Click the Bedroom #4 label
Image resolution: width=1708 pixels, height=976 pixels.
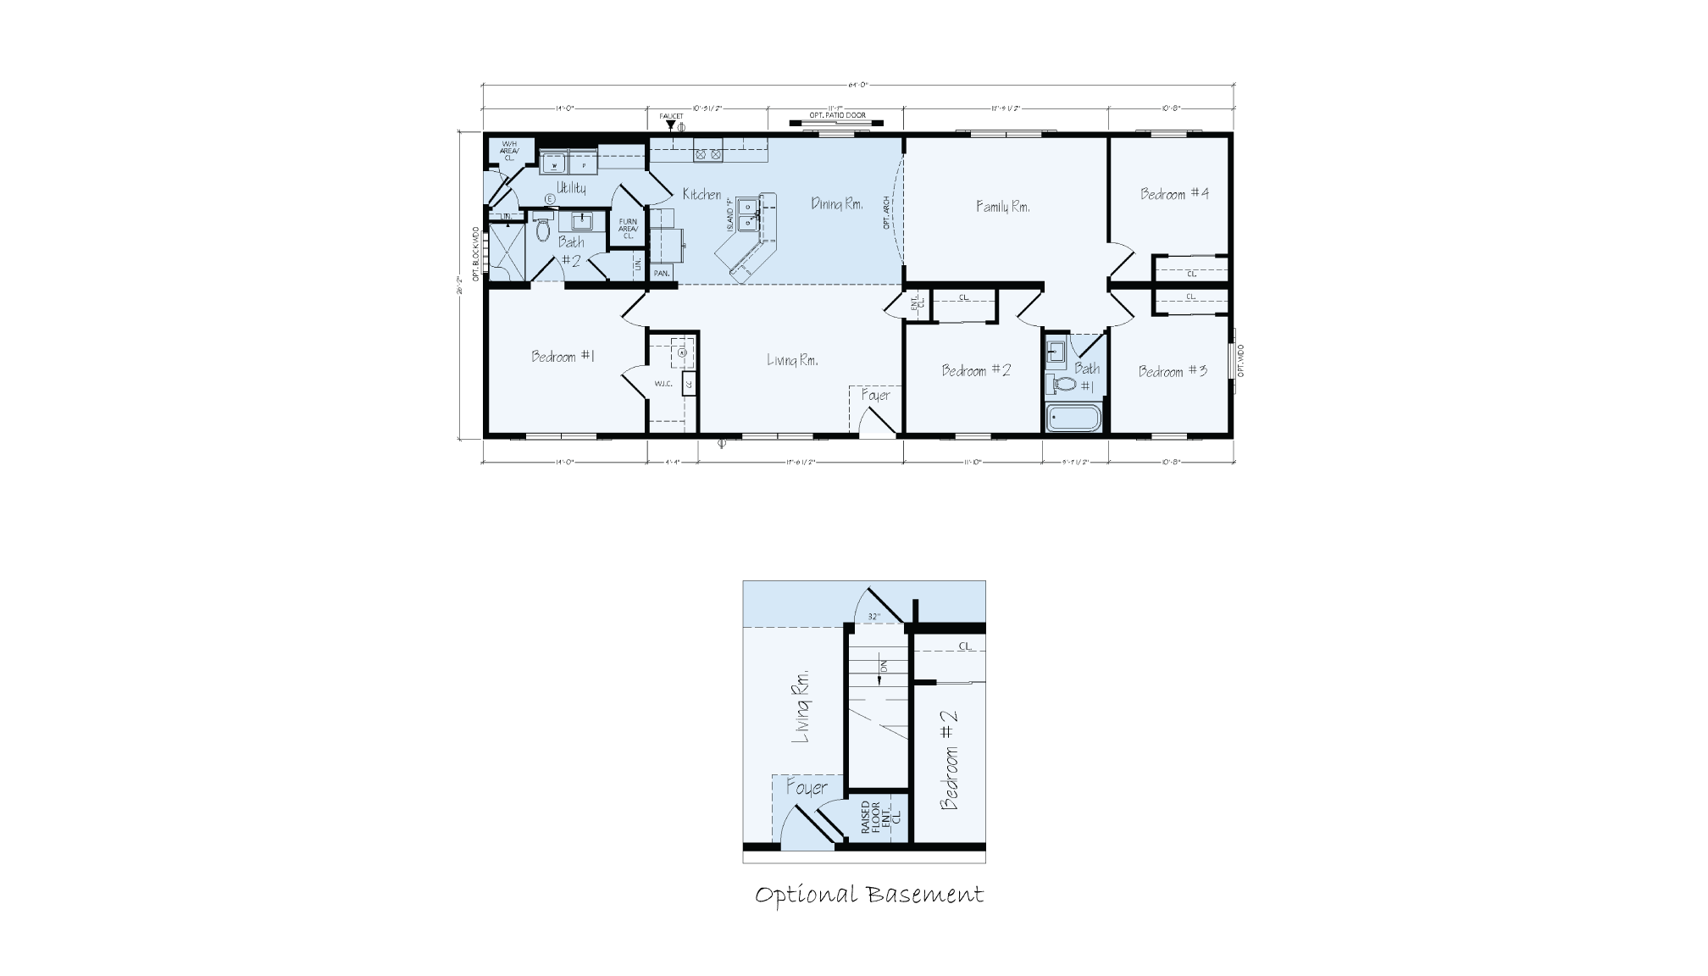click(1174, 194)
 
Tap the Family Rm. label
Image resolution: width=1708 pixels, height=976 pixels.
click(1002, 206)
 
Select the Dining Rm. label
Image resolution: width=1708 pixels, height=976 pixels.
click(837, 203)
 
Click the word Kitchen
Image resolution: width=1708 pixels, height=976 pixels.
click(702, 195)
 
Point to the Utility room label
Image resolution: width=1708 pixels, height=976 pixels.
click(570, 187)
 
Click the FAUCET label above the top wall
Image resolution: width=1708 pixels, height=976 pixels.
click(671, 116)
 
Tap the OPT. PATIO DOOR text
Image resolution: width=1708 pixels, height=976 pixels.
click(837, 115)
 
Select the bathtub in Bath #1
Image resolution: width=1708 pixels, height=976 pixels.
click(1073, 419)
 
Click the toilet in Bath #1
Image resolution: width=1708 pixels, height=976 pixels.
click(1062, 384)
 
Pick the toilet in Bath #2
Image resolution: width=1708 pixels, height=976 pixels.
click(543, 229)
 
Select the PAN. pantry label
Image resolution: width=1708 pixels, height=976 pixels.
click(662, 274)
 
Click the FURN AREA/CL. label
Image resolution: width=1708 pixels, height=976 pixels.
click(628, 229)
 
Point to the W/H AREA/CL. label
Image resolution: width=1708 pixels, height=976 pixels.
click(509, 151)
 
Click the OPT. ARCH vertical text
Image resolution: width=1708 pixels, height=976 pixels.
click(886, 213)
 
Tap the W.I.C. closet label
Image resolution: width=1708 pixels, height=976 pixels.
click(663, 384)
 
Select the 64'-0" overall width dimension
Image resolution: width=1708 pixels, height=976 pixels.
click(858, 85)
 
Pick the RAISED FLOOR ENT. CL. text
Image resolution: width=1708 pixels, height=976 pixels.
click(876, 818)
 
